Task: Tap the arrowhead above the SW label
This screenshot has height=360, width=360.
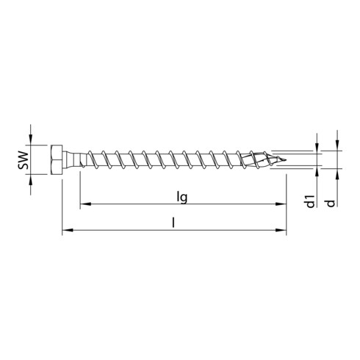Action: tap(30, 140)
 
